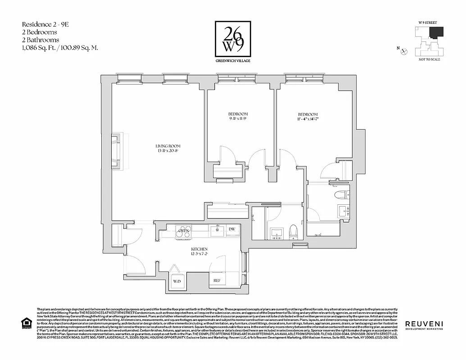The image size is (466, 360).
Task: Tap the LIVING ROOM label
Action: pos(168,146)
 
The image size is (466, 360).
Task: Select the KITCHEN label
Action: pos(199,249)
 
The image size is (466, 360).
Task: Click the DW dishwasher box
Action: pos(232,229)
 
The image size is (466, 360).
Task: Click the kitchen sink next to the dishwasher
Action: pos(217,230)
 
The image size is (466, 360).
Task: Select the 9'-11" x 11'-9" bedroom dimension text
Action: pos(238,119)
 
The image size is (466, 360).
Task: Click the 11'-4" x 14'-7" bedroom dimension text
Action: pos(308,120)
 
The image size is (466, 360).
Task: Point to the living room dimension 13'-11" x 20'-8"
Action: pos(168,151)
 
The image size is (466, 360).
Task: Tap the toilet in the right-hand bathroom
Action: pos(341,195)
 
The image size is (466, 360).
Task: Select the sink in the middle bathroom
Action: pos(276,233)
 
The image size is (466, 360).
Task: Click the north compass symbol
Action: pos(404,51)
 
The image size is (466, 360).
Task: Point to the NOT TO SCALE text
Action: pos(429,59)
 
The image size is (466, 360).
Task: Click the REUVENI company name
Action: pos(423,324)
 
